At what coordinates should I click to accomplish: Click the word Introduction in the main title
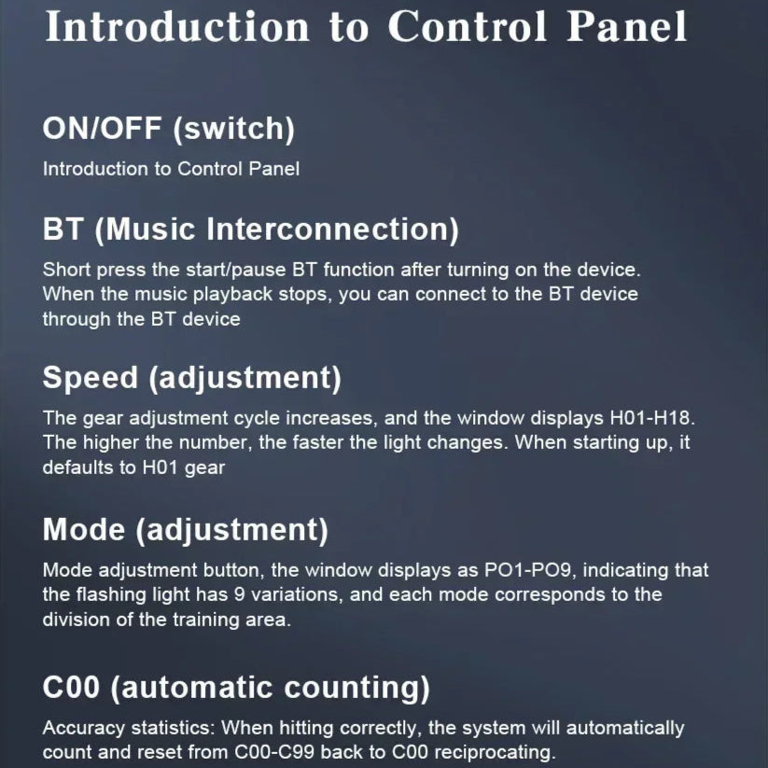(x=176, y=26)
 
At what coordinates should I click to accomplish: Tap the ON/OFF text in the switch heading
(x=102, y=129)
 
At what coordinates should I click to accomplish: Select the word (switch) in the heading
(x=233, y=130)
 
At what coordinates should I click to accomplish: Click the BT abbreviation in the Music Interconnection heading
(x=63, y=229)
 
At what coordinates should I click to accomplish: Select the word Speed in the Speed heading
(x=91, y=378)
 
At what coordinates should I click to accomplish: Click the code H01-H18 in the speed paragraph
(x=652, y=418)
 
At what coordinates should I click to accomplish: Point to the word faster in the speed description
(x=317, y=442)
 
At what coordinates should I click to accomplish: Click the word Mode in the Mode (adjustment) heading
(x=84, y=530)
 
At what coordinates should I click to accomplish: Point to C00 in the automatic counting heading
(x=71, y=687)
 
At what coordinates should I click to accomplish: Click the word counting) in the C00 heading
(x=357, y=688)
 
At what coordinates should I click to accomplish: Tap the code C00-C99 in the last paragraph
(x=274, y=752)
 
